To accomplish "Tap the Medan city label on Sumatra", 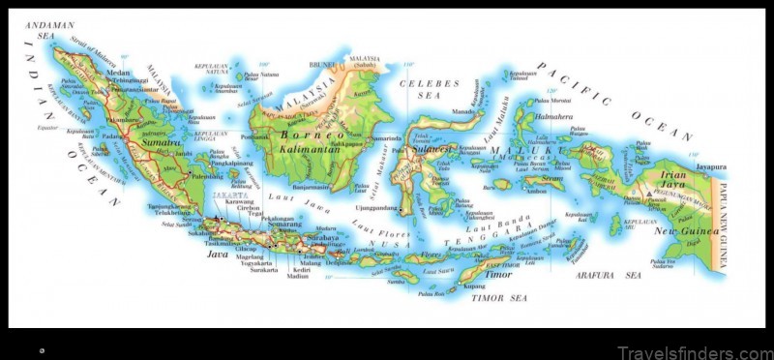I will (x=118, y=72).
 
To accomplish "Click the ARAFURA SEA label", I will (x=619, y=275).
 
